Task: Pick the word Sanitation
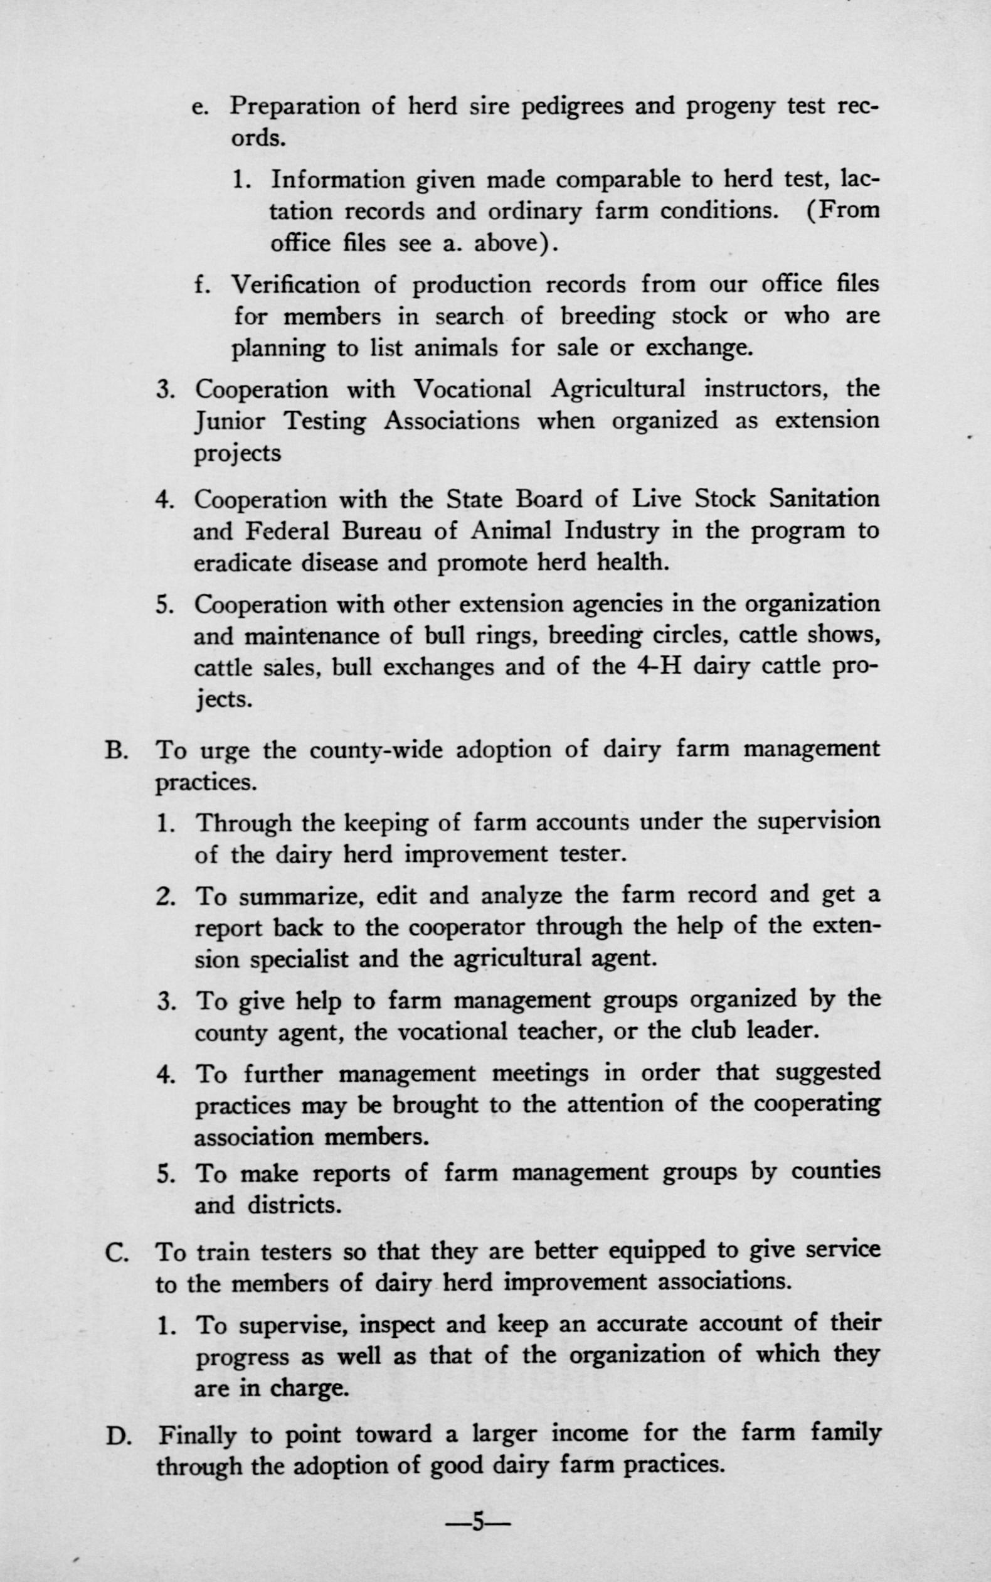pos(824,499)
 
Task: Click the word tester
pos(590,854)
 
